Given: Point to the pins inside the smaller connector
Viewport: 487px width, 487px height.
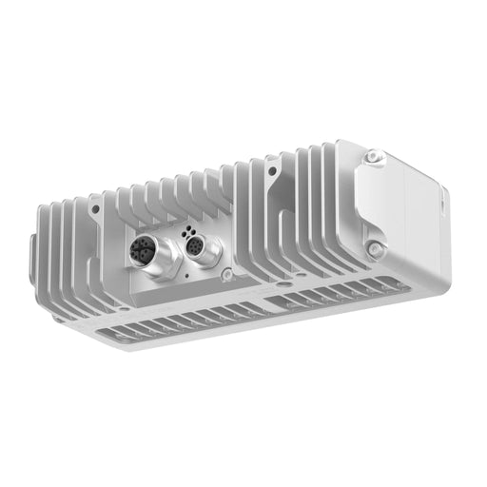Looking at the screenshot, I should [194, 247].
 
